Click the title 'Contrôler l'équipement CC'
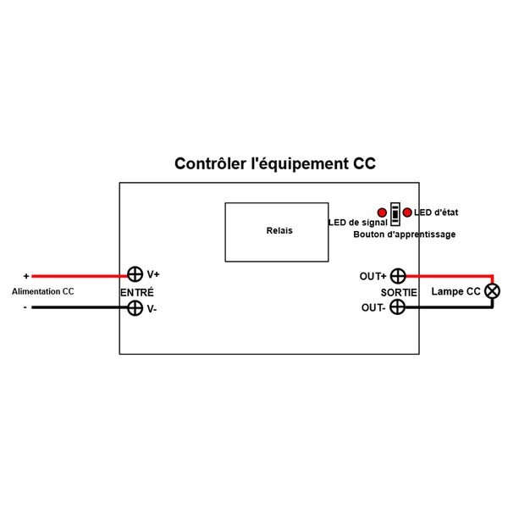pyautogui.click(x=274, y=163)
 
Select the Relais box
pyautogui.click(x=276, y=231)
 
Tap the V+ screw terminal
pyautogui.click(x=135, y=274)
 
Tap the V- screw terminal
pyautogui.click(x=135, y=308)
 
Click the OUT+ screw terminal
pyautogui.click(x=396, y=275)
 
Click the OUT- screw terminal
pyautogui.click(x=396, y=308)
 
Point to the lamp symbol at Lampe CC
pyautogui.click(x=491, y=291)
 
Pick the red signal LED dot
pyautogui.click(x=384, y=212)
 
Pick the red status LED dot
pyautogui.click(x=408, y=212)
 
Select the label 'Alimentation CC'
pyautogui.click(x=42, y=291)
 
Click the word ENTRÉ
pyautogui.click(x=137, y=291)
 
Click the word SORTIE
pyautogui.click(x=399, y=291)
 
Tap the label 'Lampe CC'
pyautogui.click(x=456, y=291)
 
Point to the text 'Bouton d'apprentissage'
pyautogui.click(x=404, y=235)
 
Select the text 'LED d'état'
pyautogui.click(x=436, y=212)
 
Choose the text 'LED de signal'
pyautogui.click(x=357, y=223)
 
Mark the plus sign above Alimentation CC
pyautogui.click(x=26, y=276)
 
